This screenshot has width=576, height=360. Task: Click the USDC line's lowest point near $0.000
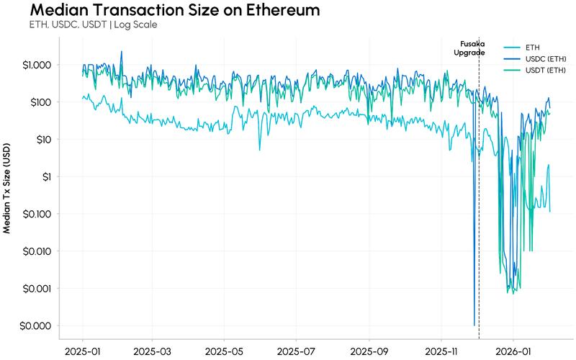[474, 325]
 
